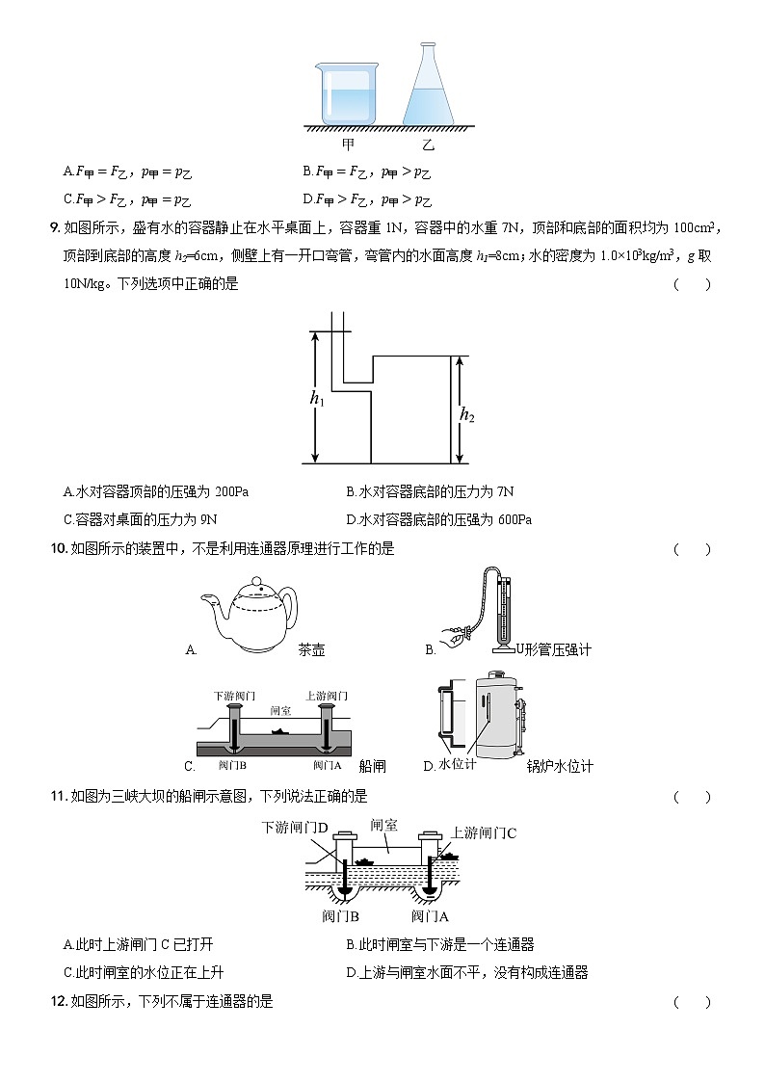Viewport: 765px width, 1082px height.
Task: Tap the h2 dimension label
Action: tap(467, 415)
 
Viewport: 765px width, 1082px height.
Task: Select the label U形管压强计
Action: tap(554, 650)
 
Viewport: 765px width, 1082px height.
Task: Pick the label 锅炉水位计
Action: tap(560, 767)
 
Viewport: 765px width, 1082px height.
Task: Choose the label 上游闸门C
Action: tap(484, 833)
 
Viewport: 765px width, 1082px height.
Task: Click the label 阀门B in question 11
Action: tap(341, 916)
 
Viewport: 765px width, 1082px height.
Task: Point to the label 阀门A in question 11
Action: tap(431, 916)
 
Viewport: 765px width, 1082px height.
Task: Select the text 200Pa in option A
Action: tap(229, 492)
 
